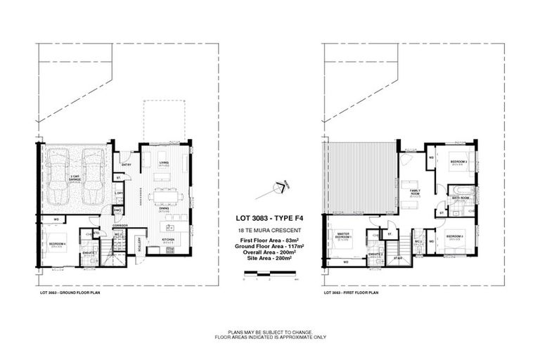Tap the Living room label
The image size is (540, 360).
pos(164,162)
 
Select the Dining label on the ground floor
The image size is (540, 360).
pos(163,208)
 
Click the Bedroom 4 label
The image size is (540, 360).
pos(57,243)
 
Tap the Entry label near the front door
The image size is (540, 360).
pos(127,165)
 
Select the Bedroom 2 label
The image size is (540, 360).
pos(454,236)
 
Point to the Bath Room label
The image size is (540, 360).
pos(461,198)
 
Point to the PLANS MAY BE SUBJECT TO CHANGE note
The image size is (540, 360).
pos(270,332)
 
